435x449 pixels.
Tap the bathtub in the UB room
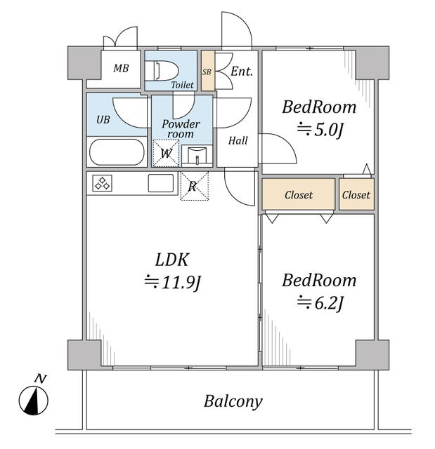coord(117,152)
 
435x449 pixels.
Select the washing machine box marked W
coord(166,153)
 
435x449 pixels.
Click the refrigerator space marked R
coord(194,185)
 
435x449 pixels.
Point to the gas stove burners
coord(102,183)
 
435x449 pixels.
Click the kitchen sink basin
coord(161,183)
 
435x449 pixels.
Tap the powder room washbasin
coord(197,156)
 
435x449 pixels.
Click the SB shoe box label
coord(207,72)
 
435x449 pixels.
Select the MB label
coord(121,68)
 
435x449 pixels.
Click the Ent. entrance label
coord(242,72)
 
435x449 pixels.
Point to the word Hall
coord(238,140)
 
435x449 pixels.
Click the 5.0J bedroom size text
coord(320,130)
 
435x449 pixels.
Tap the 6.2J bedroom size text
coord(320,303)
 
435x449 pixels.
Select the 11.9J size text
coord(173,282)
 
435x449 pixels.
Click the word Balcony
coord(233,401)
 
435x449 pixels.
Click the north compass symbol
coord(34,400)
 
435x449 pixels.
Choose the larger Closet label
coord(299,195)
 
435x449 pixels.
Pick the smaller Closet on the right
coord(356,195)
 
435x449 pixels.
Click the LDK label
coord(171,260)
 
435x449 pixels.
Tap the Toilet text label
coord(183,85)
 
